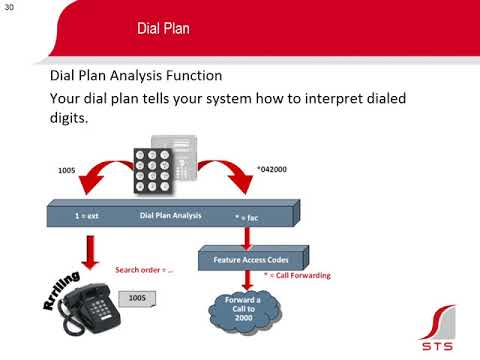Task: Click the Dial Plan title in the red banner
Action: point(163,27)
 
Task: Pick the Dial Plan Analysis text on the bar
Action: point(170,215)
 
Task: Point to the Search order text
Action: point(145,270)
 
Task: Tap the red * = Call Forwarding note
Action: point(297,275)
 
